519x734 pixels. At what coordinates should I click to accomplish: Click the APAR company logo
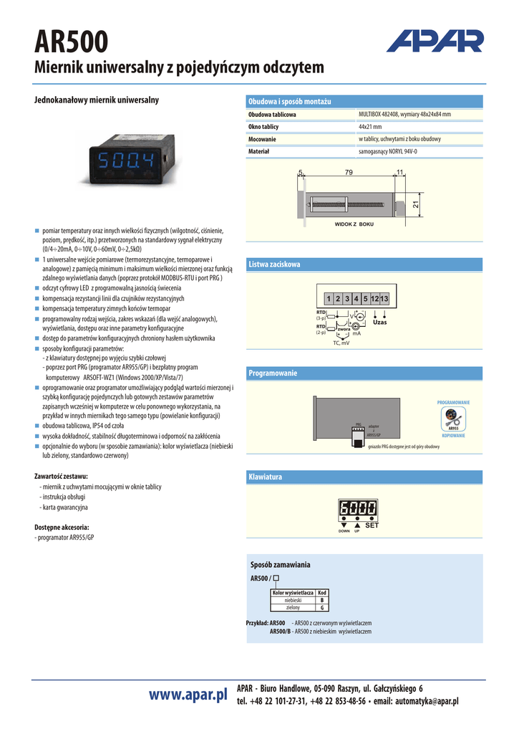click(435, 41)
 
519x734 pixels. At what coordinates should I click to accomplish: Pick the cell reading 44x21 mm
click(370, 127)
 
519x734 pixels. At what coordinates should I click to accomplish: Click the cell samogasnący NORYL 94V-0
click(387, 151)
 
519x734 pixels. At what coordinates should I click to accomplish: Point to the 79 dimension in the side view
click(349, 172)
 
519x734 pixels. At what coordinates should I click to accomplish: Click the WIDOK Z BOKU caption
click(354, 224)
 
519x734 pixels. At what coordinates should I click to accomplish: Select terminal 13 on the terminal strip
click(384, 298)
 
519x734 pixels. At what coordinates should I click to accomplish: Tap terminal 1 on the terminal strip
click(327, 298)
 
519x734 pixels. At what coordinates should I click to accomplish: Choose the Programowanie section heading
click(273, 373)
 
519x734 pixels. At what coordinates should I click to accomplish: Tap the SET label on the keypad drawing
click(372, 526)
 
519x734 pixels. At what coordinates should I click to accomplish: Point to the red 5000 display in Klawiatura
click(358, 508)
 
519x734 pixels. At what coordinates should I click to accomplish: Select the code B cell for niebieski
click(322, 600)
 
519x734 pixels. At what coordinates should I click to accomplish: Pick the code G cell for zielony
click(322, 608)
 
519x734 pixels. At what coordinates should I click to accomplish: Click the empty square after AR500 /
click(276, 578)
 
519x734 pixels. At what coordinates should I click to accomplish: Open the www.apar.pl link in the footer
click(188, 694)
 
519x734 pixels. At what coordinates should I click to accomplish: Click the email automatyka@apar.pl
click(426, 701)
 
